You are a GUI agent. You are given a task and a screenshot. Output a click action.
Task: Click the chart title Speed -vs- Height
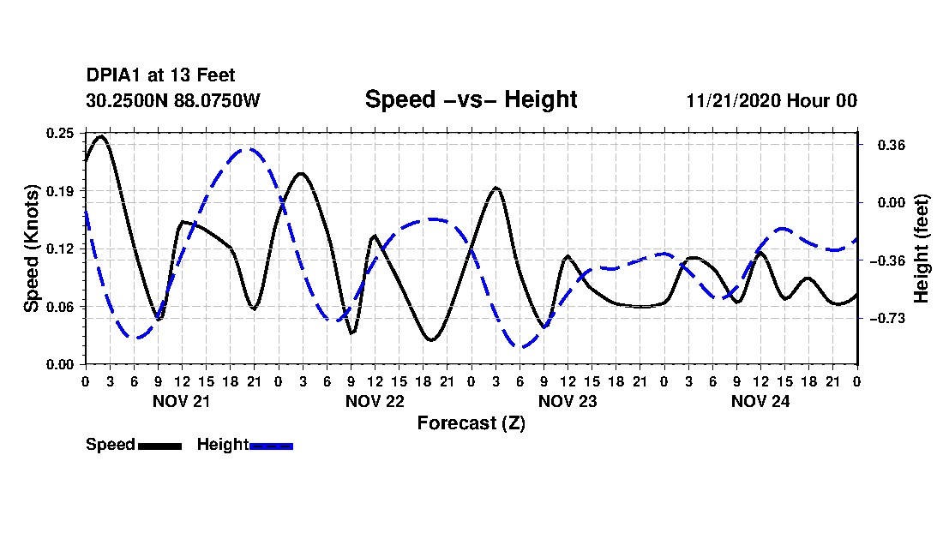(x=471, y=99)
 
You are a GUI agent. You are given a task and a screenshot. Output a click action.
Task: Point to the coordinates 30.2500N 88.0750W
(x=173, y=100)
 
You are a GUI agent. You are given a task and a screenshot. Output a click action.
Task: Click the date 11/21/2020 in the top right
(x=733, y=100)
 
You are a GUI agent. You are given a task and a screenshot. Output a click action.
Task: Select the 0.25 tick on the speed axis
(x=59, y=133)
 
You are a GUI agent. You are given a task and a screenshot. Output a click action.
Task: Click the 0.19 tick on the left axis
(x=59, y=191)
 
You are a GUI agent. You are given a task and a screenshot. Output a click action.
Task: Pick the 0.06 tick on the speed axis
(x=59, y=307)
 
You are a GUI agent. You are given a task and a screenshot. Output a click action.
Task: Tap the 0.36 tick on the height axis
(x=892, y=145)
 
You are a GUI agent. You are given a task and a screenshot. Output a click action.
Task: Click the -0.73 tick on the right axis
(x=887, y=319)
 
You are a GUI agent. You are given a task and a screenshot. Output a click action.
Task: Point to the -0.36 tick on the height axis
(x=887, y=261)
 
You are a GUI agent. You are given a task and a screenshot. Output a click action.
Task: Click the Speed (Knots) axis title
(x=31, y=249)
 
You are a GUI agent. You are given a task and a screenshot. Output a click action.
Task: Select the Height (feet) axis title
(x=921, y=249)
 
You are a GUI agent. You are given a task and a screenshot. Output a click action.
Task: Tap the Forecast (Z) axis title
(x=471, y=423)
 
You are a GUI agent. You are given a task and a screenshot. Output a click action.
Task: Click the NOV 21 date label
(x=182, y=401)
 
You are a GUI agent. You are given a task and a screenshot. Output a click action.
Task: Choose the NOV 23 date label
(x=568, y=401)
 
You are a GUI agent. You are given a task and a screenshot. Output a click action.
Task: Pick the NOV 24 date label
(x=760, y=401)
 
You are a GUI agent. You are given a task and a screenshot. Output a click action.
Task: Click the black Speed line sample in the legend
(x=160, y=446)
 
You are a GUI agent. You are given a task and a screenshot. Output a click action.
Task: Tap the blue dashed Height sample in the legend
(x=271, y=446)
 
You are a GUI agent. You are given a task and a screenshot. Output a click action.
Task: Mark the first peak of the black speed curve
(x=101, y=136)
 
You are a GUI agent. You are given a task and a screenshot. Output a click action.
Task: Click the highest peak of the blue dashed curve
(x=246, y=148)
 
